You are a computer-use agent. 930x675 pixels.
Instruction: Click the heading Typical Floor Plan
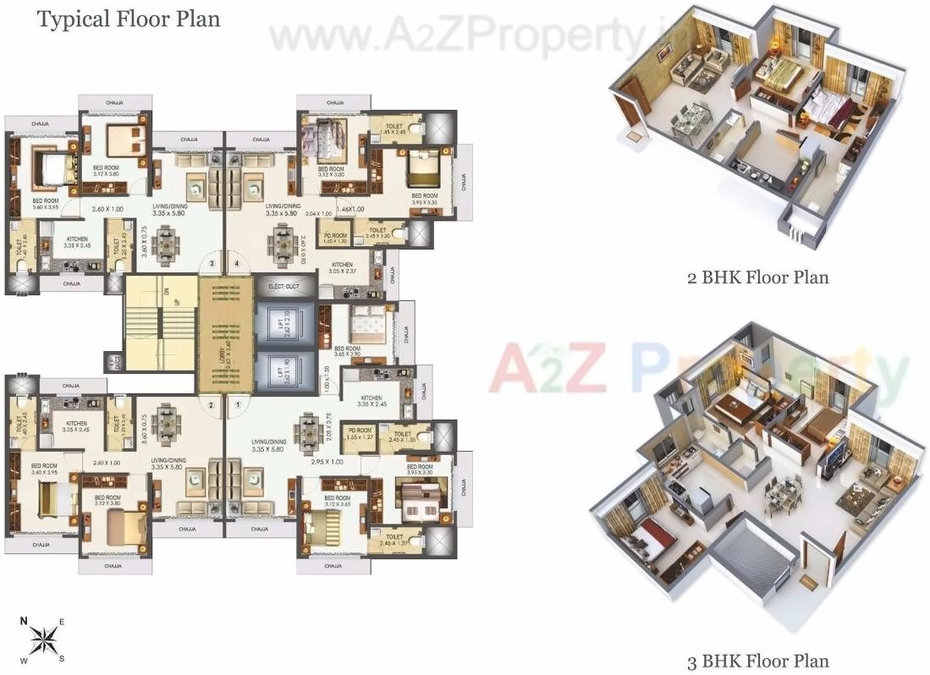pos(129,19)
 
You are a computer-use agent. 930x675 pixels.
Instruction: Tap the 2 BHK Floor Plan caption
pos(757,277)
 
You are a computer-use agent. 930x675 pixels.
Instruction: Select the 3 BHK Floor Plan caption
pos(757,661)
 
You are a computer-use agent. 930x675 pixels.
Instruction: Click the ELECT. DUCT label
pos(281,287)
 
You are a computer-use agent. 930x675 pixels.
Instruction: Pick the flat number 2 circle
pos(211,404)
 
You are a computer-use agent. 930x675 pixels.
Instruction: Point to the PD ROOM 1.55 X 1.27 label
pos(360,434)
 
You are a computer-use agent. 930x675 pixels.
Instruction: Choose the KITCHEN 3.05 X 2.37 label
pos(342,268)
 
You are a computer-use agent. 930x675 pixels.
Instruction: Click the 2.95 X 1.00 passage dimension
pos(327,462)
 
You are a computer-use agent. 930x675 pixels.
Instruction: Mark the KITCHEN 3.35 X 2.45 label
pos(372,400)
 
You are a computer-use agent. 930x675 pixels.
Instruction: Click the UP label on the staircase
pos(176,302)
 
